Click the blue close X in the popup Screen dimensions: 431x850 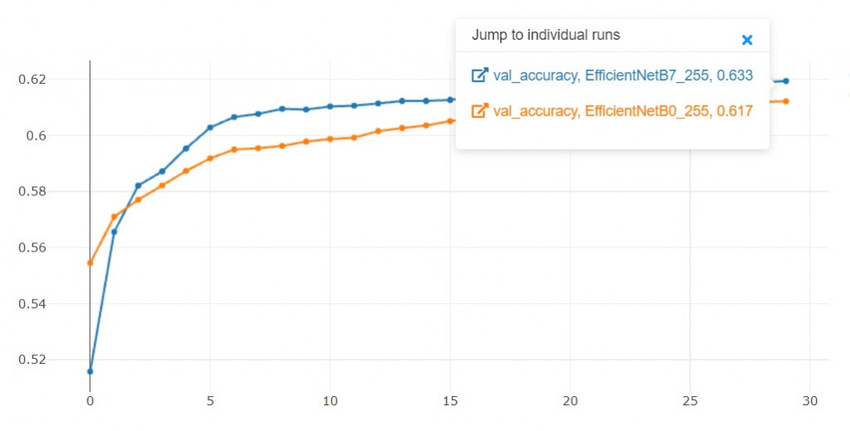[746, 40]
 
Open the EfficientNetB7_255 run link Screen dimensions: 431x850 [623, 76]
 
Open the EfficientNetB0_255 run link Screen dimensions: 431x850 [623, 110]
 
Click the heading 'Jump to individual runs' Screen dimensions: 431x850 [545, 36]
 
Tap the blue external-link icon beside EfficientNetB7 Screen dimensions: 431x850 [479, 76]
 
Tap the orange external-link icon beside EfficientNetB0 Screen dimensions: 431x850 [479, 110]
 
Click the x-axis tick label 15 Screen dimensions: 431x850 [450, 401]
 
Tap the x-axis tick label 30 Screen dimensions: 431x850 [810, 401]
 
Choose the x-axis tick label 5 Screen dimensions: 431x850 [210, 401]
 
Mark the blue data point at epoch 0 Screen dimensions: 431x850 [90, 371]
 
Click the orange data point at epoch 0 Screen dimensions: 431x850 [90, 262]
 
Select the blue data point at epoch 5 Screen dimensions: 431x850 [210, 127]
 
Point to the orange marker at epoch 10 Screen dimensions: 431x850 [330, 139]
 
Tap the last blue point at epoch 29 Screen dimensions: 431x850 [785, 81]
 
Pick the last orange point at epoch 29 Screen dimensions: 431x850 [785, 101]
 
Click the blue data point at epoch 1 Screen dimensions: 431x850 [114, 232]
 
